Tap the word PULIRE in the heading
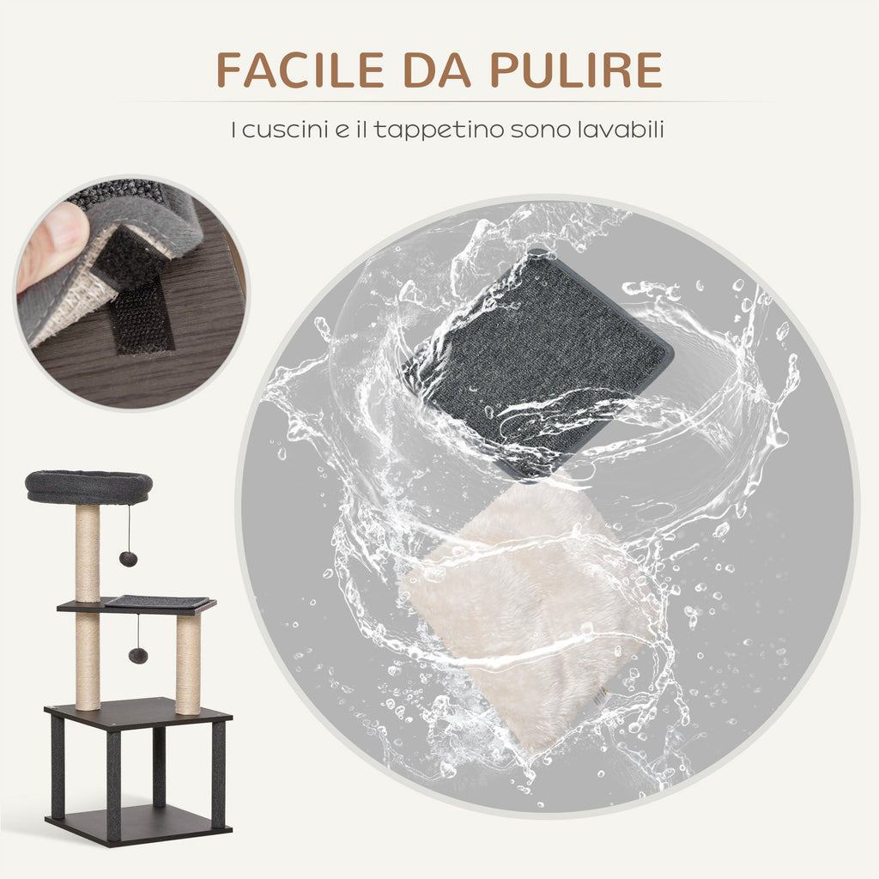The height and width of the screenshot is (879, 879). tap(576, 70)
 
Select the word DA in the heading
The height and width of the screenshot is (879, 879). tap(437, 70)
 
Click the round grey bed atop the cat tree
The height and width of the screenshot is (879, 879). tap(88, 487)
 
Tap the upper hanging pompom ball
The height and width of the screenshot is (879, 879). tap(129, 559)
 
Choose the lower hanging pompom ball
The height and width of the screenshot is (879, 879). tap(138, 655)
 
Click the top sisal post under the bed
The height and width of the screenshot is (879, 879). tap(88, 552)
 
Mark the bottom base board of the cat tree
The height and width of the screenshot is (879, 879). tap(138, 824)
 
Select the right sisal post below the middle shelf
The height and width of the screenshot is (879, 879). tap(188, 664)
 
